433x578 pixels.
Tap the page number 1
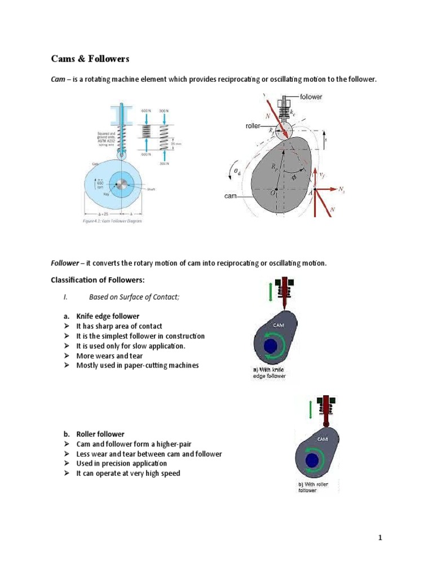coord(380,537)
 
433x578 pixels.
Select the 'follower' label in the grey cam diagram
coord(311,97)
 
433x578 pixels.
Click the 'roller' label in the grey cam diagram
coord(253,126)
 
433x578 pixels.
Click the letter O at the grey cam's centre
coord(273,192)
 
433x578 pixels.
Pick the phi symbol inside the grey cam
coord(294,177)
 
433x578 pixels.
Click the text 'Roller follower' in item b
coord(100,434)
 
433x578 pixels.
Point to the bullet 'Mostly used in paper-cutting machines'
coord(138,365)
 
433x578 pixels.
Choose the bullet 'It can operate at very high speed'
coord(128,473)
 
